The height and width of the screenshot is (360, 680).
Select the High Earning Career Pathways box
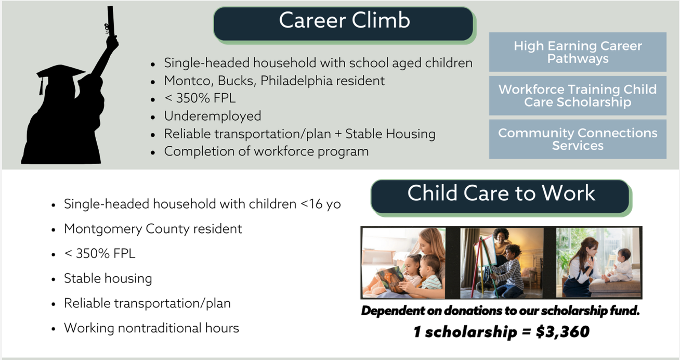[x=578, y=52]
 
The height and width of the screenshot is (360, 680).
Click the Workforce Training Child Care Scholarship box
[x=578, y=95]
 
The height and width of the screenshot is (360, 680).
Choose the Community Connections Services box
[x=578, y=139]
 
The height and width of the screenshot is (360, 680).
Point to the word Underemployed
[x=213, y=116]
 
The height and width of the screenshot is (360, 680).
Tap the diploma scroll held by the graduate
[x=110, y=21]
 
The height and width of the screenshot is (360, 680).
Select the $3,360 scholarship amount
[x=563, y=331]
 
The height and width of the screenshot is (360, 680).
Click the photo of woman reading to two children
[x=403, y=263]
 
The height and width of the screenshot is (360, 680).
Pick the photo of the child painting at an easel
[x=502, y=263]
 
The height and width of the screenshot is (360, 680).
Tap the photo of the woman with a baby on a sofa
[x=598, y=263]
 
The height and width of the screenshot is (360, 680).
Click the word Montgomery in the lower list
[x=103, y=229]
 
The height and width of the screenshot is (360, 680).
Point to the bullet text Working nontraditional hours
[x=151, y=328]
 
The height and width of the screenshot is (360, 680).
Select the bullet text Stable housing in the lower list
[x=108, y=278]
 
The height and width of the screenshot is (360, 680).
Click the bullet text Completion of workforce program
[x=266, y=151]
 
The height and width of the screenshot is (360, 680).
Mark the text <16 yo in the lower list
[x=321, y=204]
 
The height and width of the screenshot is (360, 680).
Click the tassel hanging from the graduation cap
[x=41, y=86]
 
